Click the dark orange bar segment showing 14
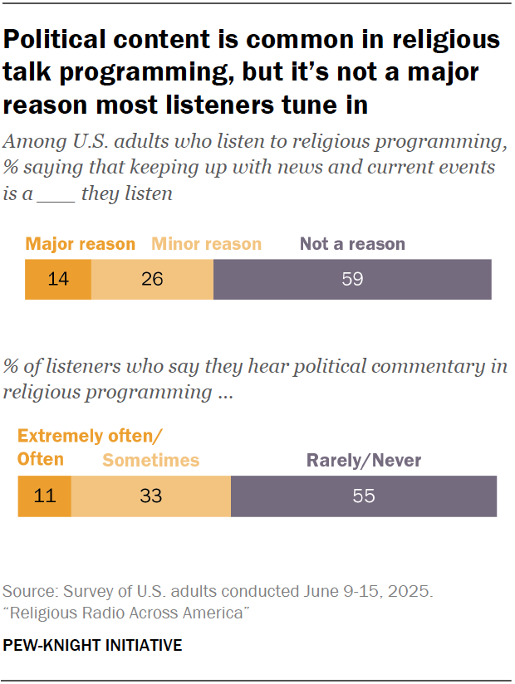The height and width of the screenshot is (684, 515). tap(57, 279)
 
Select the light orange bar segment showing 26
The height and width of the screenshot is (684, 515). tap(152, 279)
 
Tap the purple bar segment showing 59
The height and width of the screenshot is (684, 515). tap(352, 279)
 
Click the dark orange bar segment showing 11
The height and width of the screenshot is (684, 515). tap(44, 496)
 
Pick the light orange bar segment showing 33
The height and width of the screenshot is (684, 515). tap(150, 496)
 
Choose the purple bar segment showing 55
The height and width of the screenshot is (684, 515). tap(364, 496)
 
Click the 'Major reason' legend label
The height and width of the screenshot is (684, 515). tap(80, 244)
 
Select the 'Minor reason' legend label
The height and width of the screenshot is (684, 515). tap(206, 244)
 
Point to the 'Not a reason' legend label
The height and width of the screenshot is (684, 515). tap(352, 244)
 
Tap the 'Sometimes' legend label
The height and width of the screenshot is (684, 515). tap(150, 460)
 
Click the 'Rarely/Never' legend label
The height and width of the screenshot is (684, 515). tap(364, 460)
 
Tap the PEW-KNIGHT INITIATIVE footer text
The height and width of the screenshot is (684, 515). tap(92, 645)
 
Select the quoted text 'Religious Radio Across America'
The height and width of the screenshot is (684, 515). tap(127, 613)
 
